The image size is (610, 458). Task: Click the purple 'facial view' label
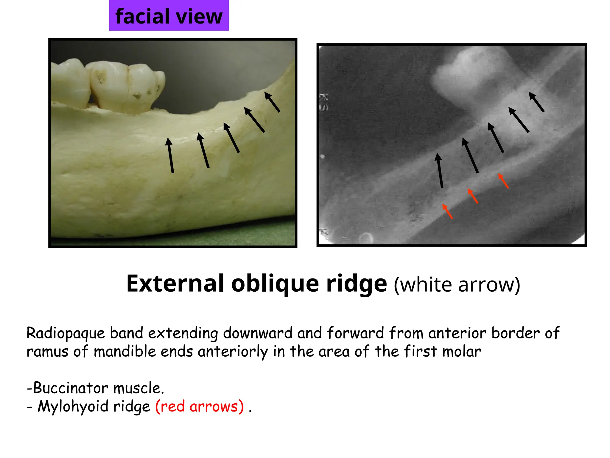coord(169,16)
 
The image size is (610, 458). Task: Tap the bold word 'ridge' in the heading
coord(357,284)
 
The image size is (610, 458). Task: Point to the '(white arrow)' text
coord(457,285)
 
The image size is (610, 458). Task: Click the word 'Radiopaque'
coord(66,333)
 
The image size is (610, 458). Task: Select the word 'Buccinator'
coord(71,388)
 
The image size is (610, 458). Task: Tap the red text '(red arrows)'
coord(199,406)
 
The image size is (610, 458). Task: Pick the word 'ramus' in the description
coord(47,352)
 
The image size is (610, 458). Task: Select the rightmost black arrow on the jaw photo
coord(272,102)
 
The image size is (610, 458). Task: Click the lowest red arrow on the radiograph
coord(447,211)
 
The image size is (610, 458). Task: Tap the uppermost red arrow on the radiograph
coord(503,181)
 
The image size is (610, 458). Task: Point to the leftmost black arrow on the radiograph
coord(440,171)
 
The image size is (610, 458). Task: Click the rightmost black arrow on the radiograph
coord(536,102)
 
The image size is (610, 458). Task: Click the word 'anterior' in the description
coord(457,333)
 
